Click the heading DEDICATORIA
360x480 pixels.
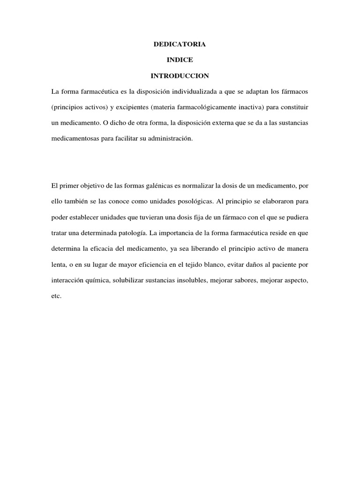[x=180, y=45]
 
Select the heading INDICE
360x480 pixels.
[x=180, y=60]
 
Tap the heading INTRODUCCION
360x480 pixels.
[x=180, y=75]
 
